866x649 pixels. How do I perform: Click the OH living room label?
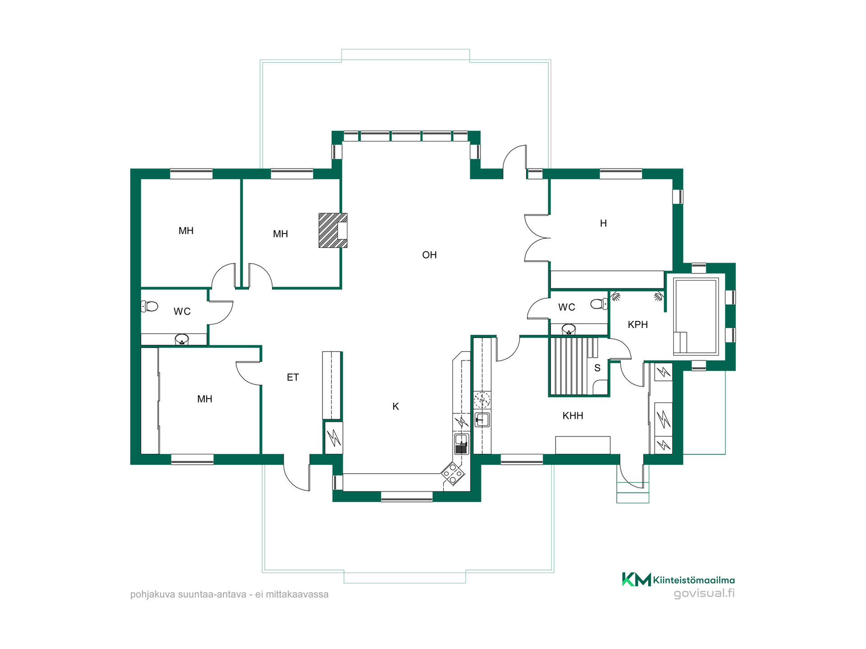tap(429, 255)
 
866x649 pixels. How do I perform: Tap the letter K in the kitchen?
tap(396, 407)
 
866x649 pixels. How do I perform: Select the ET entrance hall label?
tap(293, 377)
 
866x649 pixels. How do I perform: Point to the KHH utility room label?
tap(573, 416)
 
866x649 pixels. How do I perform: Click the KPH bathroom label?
tap(638, 324)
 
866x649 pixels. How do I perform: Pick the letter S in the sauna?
tap(597, 368)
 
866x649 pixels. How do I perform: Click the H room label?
tap(603, 223)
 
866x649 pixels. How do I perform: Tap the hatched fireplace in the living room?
tap(333, 230)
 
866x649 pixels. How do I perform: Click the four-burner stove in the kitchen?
tap(453, 473)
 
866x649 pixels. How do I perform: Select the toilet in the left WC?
tap(150, 306)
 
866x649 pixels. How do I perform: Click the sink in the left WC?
tap(182, 339)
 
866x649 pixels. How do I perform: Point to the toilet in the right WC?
tap(599, 304)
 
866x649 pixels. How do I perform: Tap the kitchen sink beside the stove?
tap(461, 444)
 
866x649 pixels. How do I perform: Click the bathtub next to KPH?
tap(696, 316)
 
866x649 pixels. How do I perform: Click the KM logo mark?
tap(636, 579)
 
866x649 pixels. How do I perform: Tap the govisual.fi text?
tap(704, 593)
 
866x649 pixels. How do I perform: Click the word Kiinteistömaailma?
tap(694, 580)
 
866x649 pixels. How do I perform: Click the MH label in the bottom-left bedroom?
tap(205, 399)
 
